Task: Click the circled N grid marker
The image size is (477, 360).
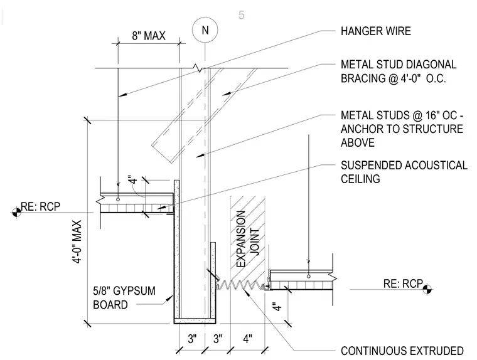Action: coord(205,30)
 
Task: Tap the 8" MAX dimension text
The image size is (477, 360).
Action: coord(149,36)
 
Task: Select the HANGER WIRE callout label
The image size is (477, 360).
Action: coord(376,31)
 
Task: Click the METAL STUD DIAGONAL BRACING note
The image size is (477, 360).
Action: coord(399,71)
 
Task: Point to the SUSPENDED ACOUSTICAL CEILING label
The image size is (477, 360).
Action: coord(404,172)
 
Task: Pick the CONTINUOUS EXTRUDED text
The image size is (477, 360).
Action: coord(402,351)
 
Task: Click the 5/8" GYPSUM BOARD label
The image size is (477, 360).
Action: coord(124,298)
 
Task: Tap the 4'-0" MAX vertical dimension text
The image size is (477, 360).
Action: coord(77,241)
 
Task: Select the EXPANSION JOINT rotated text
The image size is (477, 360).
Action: coord(247,239)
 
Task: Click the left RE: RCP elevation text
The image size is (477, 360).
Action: coord(40,206)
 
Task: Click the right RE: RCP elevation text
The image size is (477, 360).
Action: coord(403,283)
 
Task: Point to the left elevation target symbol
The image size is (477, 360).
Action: coord(17,212)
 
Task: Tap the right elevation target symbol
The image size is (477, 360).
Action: coord(427,290)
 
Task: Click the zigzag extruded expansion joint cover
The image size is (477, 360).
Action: coord(240,285)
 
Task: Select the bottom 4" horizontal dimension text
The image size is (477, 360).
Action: coord(248,339)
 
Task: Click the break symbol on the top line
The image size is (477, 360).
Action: coord(199,68)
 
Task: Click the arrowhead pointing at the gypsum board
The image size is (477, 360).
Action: coord(169,299)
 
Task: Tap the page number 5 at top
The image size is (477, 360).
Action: coord(241,15)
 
